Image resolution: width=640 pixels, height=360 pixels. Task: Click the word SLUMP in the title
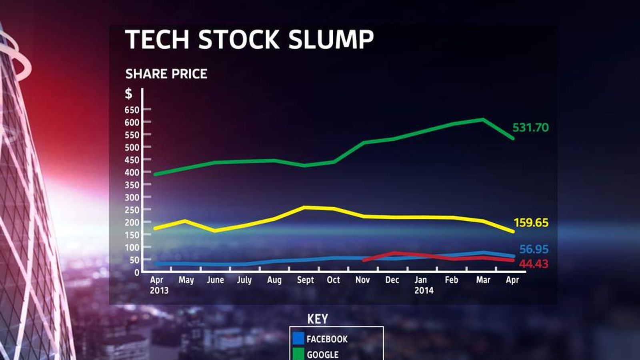click(x=331, y=39)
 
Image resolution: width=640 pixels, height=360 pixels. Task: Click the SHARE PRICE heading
click(x=166, y=74)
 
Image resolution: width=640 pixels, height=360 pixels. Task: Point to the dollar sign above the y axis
click(x=128, y=94)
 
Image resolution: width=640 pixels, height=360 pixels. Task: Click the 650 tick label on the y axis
click(x=132, y=110)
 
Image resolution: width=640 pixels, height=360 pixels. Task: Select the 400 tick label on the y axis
click(x=132, y=172)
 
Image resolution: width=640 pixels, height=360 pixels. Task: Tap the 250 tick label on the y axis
click(x=132, y=210)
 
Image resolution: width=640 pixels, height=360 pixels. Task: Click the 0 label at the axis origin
click(x=136, y=272)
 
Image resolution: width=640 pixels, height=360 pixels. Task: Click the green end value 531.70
click(x=530, y=128)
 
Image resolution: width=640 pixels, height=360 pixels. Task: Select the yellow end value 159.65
click(x=531, y=223)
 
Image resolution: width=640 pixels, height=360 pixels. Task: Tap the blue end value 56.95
click(x=534, y=250)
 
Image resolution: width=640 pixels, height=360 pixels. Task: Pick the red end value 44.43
click(x=534, y=264)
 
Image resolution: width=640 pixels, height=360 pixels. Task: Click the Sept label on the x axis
click(x=305, y=280)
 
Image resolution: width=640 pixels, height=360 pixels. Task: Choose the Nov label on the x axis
click(x=362, y=280)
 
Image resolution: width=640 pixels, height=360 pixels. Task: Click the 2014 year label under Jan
click(x=424, y=290)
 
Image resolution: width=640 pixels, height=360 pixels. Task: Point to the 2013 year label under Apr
click(x=159, y=290)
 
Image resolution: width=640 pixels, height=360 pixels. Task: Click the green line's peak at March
click(x=482, y=120)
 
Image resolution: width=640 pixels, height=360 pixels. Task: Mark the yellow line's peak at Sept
click(x=304, y=207)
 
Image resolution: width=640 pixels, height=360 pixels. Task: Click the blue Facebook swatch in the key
click(x=298, y=338)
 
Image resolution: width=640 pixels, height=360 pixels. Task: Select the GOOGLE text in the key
click(x=322, y=355)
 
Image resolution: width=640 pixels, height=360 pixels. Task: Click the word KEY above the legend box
click(x=318, y=319)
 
